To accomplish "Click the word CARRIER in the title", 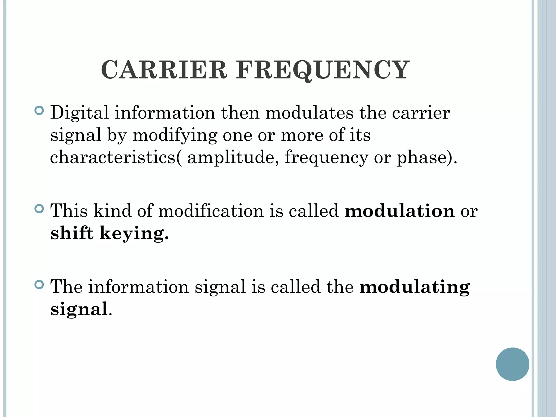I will click(164, 70).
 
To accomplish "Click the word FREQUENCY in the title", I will click(322, 70).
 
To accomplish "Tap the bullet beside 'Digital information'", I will click(39, 111).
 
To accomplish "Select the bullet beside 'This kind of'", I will click(39, 209).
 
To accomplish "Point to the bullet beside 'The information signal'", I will click(39, 285).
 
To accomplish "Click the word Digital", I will click(79, 113).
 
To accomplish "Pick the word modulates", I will click(309, 113).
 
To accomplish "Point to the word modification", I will click(211, 211).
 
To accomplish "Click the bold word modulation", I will click(399, 211).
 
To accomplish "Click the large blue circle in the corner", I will click(512, 364).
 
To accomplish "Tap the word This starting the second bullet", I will click(69, 211).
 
